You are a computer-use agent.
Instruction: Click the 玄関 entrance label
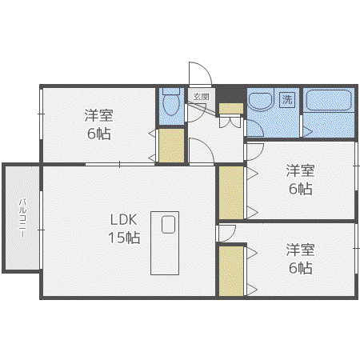[x=201, y=97]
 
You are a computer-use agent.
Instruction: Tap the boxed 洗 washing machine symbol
[x=287, y=100]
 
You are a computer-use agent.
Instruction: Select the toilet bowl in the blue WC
[x=171, y=102]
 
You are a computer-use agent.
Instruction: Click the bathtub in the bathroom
[x=329, y=100]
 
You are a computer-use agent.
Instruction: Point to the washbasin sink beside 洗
[x=261, y=100]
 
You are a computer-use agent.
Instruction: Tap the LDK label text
[x=123, y=219]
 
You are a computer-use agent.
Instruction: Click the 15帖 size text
[x=124, y=237]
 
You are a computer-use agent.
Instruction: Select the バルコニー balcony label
[x=22, y=218]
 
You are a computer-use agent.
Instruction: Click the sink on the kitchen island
[x=168, y=225]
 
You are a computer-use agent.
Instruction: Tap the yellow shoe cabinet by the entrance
[x=231, y=109]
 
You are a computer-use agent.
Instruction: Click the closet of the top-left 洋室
[x=171, y=146]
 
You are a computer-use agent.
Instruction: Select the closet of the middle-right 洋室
[x=231, y=193]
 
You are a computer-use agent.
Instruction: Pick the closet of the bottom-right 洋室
[x=231, y=271]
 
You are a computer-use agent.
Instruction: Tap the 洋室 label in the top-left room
[x=99, y=115]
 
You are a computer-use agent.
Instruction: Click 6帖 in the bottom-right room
[x=300, y=268]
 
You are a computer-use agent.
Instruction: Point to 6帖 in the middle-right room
[x=300, y=189]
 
